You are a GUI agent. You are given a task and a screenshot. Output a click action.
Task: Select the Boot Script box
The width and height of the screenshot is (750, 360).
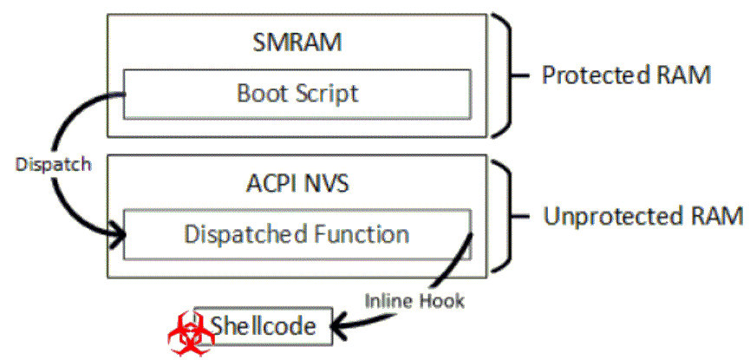(x=297, y=93)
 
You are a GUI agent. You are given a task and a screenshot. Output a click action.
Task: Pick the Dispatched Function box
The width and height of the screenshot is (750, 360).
(x=297, y=233)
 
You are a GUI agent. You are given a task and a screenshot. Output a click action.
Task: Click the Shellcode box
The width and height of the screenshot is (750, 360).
(x=263, y=325)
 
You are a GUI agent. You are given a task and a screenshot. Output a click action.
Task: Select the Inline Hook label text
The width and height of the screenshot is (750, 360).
(x=415, y=300)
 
